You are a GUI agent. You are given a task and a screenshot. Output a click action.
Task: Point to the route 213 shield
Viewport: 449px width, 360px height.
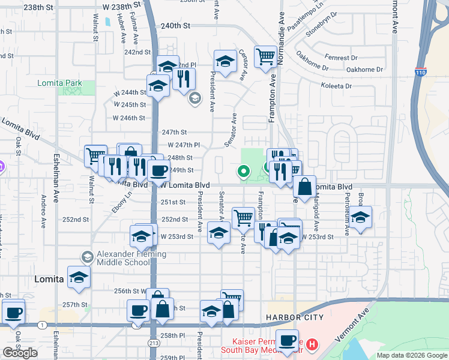[154, 342]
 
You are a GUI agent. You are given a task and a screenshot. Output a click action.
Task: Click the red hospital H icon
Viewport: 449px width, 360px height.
[312, 344]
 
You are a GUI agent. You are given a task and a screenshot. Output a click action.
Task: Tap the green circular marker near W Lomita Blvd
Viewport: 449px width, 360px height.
[243, 172]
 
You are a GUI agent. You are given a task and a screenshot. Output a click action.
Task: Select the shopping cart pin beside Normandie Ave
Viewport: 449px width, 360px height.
[265, 57]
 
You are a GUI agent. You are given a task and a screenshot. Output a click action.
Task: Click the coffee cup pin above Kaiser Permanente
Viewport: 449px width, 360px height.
[287, 340]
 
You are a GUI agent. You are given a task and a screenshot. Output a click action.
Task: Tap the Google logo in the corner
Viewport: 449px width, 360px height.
[20, 353]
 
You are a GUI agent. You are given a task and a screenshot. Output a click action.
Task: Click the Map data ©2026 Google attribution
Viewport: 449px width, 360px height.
[411, 355]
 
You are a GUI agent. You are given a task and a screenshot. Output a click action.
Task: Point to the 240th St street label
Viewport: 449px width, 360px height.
[175, 26]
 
